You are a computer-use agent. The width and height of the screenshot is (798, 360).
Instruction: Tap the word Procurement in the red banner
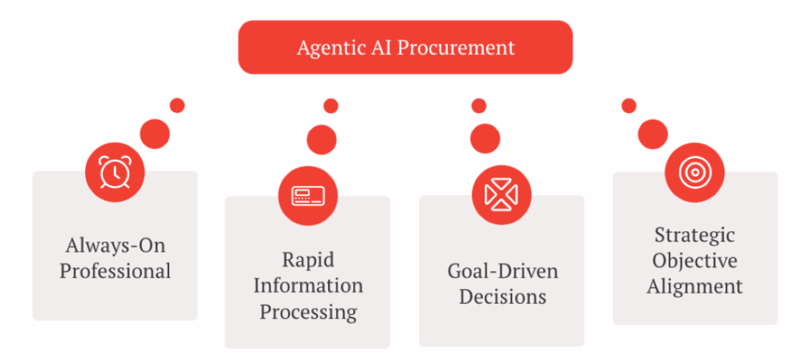[x=455, y=48]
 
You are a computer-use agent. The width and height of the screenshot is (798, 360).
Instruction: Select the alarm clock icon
[x=115, y=172]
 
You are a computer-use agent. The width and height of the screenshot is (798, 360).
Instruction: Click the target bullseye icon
[x=694, y=171]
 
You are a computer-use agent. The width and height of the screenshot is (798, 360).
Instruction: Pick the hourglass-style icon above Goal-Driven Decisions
[x=501, y=195]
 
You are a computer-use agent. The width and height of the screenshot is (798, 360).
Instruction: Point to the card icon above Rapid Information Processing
[x=308, y=196]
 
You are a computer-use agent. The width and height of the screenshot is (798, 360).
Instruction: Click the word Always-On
[x=115, y=245]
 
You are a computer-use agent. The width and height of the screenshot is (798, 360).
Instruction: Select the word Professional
[x=115, y=271]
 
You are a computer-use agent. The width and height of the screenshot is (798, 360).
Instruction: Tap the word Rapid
[x=309, y=259]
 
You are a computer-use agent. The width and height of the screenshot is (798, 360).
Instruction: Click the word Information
[x=309, y=285]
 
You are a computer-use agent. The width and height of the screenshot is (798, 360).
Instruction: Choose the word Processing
[x=309, y=312]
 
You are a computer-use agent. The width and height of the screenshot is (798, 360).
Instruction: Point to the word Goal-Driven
[x=503, y=271]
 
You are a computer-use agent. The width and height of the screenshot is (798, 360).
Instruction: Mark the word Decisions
[x=503, y=296]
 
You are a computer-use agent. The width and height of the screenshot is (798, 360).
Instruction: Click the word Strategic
[x=694, y=236]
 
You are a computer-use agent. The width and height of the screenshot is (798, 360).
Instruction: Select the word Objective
[x=694, y=261]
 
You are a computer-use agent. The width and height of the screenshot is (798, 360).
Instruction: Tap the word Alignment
[x=694, y=286]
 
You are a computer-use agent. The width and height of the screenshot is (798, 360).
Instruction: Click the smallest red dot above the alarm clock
[x=177, y=105]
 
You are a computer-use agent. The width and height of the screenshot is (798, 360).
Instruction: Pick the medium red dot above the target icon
[x=652, y=135]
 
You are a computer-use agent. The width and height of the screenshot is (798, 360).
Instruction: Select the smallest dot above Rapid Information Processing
[x=330, y=106]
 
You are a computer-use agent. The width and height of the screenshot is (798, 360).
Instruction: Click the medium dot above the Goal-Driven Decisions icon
[x=485, y=139]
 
